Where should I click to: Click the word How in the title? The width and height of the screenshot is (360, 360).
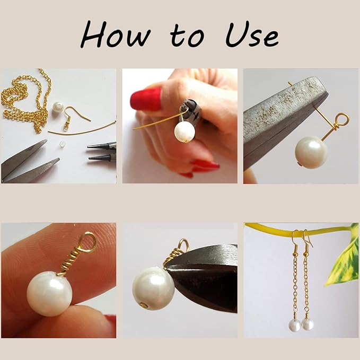116,34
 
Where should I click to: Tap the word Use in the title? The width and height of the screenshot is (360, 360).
252,34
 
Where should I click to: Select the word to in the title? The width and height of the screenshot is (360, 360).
187,35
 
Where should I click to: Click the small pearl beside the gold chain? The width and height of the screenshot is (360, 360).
58,107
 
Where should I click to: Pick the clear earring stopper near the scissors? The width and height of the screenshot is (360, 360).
62,144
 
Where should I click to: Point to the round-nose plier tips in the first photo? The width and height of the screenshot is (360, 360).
102,152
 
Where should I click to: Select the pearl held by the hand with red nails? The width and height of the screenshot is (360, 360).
185,131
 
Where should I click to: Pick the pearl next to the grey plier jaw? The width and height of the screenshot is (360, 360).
311,153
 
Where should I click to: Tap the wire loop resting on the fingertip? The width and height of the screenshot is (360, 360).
88,242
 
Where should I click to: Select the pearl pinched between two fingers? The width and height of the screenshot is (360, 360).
50,294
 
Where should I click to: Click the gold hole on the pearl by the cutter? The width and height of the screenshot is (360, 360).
144,305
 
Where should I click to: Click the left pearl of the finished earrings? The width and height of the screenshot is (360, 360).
295,326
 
